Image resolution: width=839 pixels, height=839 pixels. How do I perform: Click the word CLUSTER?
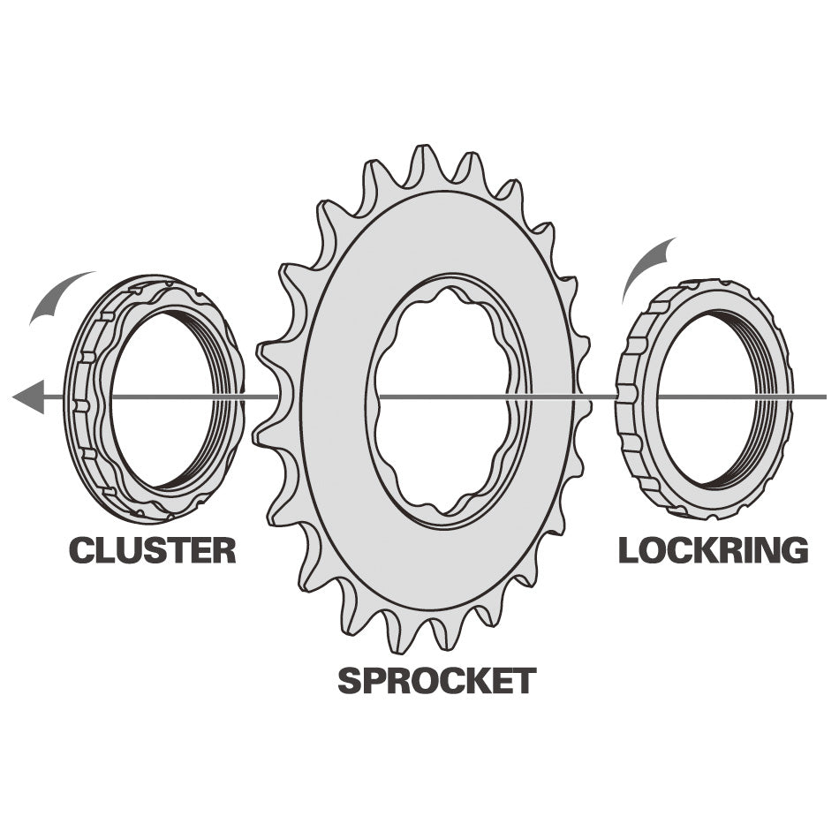153,550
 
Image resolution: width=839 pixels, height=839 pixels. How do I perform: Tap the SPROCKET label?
436,681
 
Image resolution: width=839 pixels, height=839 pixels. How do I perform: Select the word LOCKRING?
714,550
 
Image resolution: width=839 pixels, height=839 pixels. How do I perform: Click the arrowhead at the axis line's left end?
28,397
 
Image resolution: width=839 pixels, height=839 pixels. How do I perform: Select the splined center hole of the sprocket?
442,400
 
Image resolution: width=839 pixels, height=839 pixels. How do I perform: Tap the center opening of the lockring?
707,398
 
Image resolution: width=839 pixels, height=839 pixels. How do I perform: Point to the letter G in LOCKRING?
795,550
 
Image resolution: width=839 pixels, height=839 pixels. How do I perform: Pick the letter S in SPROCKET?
350,681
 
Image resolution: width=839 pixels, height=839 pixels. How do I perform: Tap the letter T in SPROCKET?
525,681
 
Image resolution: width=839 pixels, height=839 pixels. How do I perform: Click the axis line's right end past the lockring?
826,397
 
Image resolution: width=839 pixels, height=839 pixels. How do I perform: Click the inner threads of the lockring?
764,398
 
